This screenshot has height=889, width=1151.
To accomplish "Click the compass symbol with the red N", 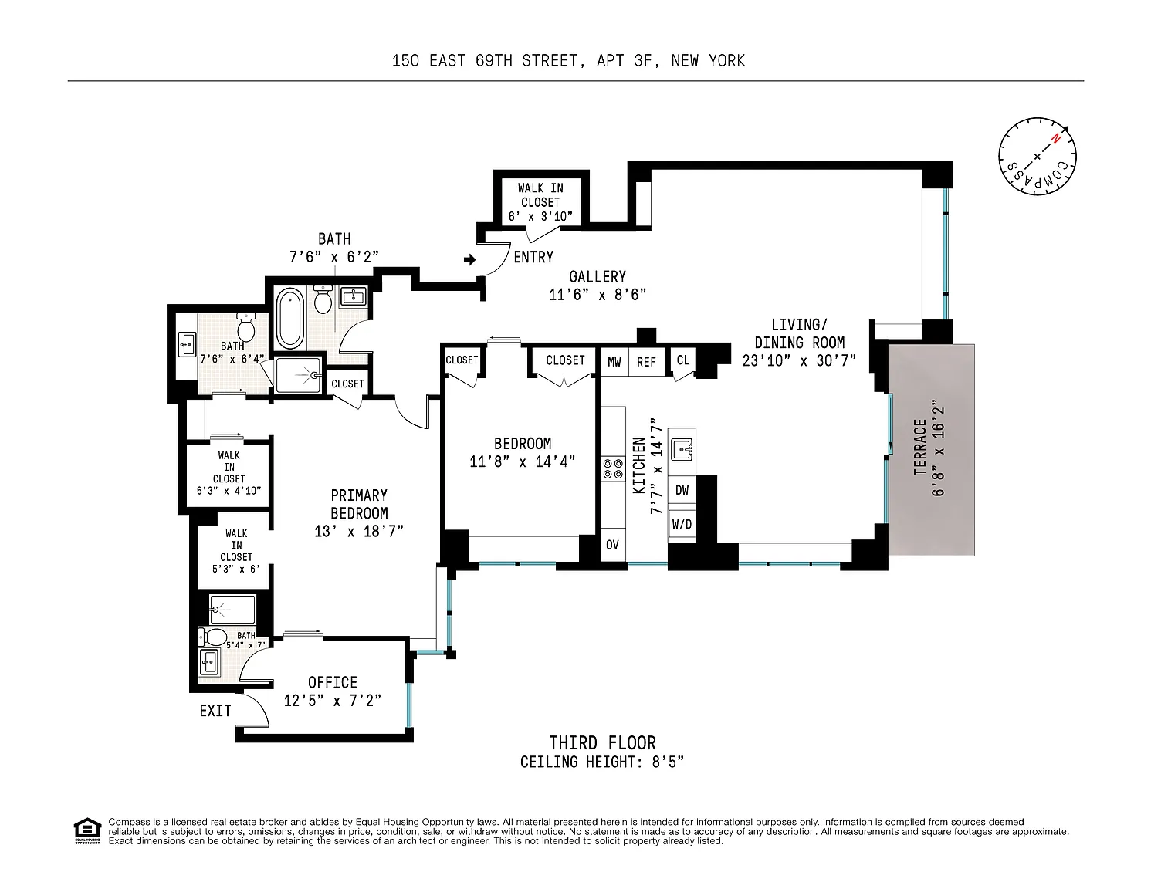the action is pos(1037,156).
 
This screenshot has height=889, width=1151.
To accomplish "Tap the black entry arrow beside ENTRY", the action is pos(470,259).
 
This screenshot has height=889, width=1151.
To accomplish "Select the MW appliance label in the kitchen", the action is pos(614,362).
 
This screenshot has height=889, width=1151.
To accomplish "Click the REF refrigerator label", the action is pos(646,362).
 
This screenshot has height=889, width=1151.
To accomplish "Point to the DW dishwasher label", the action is pos(682,490).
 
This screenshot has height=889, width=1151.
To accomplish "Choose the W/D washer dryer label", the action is pos(682,524).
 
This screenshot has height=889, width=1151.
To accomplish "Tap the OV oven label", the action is pos(612,545).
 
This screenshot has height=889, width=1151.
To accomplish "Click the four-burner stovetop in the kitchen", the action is pos(613,469).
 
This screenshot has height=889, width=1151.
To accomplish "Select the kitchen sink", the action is pos(682,450).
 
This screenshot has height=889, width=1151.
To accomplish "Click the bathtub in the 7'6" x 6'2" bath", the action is pos(289,318).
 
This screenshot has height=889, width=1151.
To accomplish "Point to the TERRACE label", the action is pos(920,448).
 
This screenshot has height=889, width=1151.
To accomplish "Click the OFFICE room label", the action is pos(333,682).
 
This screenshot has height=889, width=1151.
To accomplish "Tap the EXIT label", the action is pos(215,711).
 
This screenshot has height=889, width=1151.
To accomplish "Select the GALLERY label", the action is pos(598,277).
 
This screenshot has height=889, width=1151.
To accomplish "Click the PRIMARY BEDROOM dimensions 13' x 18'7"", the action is pos(359,531).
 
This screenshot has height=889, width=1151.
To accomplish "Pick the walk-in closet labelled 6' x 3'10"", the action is pos(540,202).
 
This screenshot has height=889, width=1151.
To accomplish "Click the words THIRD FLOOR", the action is pos(602,743).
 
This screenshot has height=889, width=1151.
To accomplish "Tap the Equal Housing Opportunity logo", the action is pos(87,831).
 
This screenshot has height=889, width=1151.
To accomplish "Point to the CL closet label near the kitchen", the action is pos(682,360).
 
